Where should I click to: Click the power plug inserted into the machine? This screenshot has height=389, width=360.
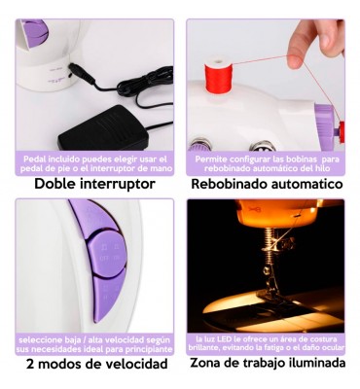coord(81,73)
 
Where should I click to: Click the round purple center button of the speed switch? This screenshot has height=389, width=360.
coord(106,254)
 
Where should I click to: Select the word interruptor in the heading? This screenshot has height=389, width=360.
coord(117,185)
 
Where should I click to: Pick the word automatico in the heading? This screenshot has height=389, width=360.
coord(306,184)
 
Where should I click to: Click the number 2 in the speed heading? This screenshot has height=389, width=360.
coord(30,364)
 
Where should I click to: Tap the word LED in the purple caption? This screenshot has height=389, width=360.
coord(220,339)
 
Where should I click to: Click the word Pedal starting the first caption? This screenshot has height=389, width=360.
coord(35,159)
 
